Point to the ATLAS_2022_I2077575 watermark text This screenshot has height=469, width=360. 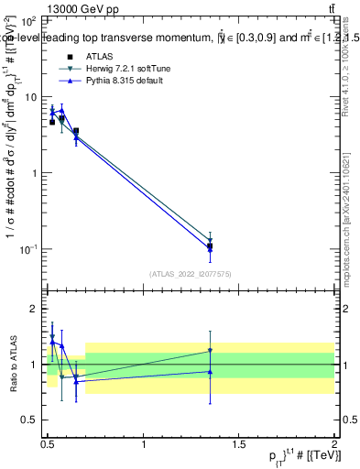(190, 273)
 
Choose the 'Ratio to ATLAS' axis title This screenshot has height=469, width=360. (12, 364)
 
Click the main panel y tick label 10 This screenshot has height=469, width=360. (30, 96)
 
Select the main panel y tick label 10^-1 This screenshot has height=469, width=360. (28, 248)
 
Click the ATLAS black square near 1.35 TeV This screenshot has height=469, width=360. (210, 246)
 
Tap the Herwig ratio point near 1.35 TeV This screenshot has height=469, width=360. (210, 350)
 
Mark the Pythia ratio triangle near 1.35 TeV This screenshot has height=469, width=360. (210, 371)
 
